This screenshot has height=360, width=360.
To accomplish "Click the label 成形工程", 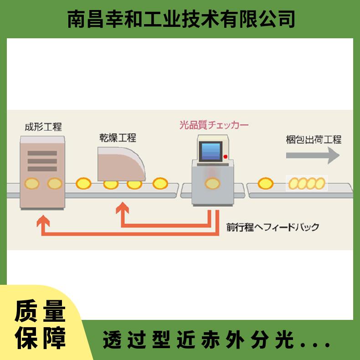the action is coord(43,127).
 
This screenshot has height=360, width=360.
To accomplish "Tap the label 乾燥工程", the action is coord(118,138).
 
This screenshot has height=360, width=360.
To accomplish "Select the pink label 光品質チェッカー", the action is coord(214,125).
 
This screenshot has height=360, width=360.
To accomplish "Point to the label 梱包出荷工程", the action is coord(314,139).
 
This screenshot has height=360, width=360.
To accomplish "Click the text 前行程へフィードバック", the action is coord(273,227).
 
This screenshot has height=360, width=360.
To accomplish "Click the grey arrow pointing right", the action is coord(313,155).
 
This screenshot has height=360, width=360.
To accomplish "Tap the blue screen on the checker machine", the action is coord(211,151).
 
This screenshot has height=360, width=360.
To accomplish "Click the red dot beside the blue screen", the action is coord(226,157).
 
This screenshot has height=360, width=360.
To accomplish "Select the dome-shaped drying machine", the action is coord(122,164).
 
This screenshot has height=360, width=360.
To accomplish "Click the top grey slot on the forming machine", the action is coord(42,153).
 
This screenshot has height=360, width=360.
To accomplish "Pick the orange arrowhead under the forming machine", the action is coord(43,221).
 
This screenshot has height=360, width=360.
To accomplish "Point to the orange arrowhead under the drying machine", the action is coord(123,208).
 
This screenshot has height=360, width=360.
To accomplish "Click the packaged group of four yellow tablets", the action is coord(307,184).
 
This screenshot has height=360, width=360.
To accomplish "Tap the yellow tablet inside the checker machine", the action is coord(213,184).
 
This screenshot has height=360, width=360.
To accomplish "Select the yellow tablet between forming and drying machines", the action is coord(83,184).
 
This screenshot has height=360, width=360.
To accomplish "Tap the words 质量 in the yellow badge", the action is coord(40,311).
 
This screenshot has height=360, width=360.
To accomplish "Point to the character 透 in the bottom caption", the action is coord(112,339).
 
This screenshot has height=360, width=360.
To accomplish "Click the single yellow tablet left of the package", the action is coord(266,184).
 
